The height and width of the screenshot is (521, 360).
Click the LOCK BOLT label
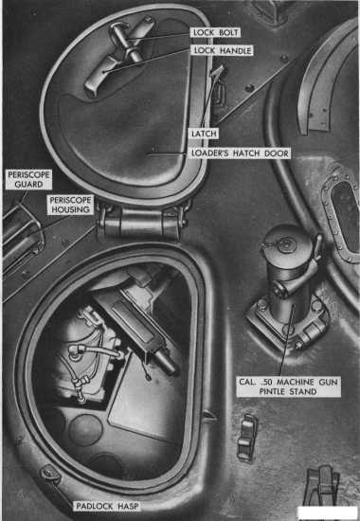pos(216,32)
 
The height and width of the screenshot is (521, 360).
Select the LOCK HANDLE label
pos(223,50)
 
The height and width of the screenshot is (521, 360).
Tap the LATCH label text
pos(204,134)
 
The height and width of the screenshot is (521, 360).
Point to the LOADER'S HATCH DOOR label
pos(240,153)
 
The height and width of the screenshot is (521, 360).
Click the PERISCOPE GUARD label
pos(28,179)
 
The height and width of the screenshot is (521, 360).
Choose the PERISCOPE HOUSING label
pos(70,205)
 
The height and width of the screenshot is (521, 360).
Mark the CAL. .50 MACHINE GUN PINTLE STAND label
pos(288,386)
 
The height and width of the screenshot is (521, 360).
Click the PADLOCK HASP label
pos(107,507)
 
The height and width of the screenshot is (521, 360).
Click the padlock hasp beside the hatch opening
pos(50,473)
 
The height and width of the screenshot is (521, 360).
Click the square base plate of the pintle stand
pos(288,322)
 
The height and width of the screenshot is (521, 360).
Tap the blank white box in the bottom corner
pos(327,512)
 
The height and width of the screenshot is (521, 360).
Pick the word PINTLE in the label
pos(273,391)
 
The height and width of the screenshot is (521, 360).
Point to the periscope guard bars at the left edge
pos(21,234)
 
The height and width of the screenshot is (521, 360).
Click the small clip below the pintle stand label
pos(246,437)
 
